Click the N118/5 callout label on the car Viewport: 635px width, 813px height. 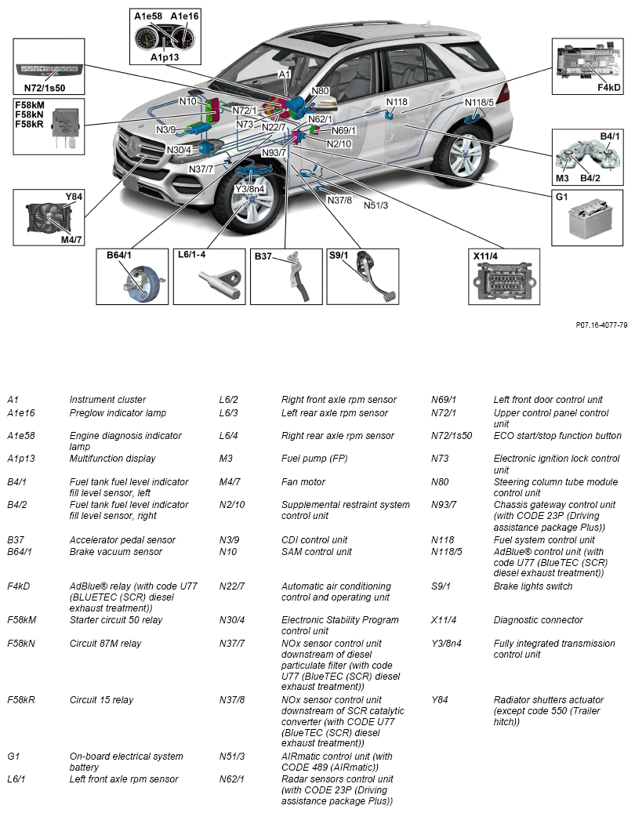[x=479, y=102]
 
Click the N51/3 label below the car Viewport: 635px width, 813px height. [x=376, y=205]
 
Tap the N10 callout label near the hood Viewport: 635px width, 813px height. [x=187, y=101]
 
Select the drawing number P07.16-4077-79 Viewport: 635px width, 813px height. [x=601, y=324]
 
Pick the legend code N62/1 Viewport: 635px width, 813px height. [x=232, y=779]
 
